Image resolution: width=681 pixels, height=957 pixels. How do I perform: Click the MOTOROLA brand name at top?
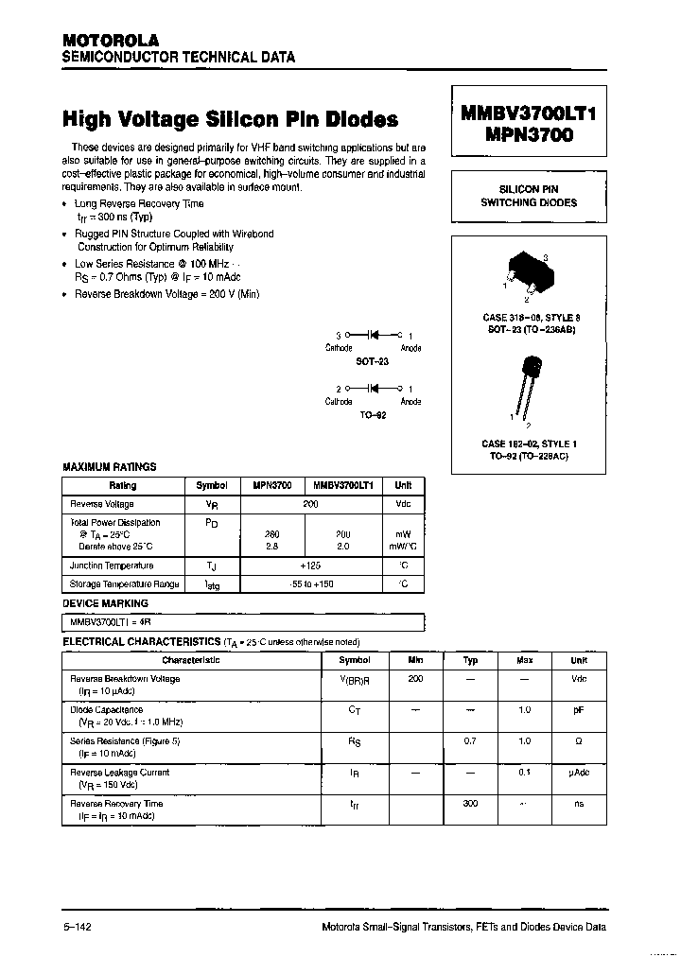111,40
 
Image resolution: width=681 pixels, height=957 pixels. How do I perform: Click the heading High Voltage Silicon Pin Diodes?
230,119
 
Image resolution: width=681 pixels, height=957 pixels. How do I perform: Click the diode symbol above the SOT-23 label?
374,336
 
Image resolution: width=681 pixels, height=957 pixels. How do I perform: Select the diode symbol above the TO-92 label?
374,389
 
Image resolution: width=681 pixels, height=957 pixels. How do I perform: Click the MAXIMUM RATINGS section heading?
109,467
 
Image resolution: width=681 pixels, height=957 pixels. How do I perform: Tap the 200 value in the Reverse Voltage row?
310,505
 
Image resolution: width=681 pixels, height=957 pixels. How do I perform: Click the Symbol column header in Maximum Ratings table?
212,485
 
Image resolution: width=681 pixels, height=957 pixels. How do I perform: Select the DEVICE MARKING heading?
105,603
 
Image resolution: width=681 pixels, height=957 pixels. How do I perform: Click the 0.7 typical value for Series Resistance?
470,741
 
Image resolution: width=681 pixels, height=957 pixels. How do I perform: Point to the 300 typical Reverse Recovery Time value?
470,804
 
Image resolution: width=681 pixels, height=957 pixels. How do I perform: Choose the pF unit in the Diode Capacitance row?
578,710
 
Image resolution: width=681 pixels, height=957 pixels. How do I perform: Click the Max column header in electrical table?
524,661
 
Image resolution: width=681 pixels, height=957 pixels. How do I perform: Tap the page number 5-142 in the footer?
77,928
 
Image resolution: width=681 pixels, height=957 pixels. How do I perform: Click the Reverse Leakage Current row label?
120,773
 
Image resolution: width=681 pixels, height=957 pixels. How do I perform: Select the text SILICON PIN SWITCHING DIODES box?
529,196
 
